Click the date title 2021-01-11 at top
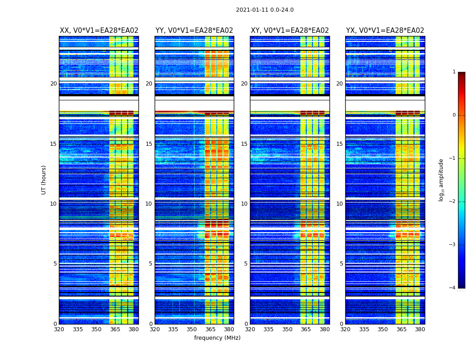(265, 10)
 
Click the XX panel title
(99, 31)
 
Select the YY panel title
(194, 31)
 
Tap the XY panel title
(290, 31)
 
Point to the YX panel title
(385, 31)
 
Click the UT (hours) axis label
(44, 180)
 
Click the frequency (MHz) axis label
(217, 338)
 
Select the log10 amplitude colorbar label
(441, 180)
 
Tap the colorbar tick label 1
(454, 72)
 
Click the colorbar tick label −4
(453, 288)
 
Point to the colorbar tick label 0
(454, 115)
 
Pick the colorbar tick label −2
(453, 202)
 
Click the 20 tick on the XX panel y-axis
(53, 84)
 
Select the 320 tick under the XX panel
(59, 329)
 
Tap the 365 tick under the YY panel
(210, 329)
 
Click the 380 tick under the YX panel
(420, 329)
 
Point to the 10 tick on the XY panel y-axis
(244, 204)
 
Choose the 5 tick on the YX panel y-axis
(341, 264)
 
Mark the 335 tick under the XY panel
(268, 329)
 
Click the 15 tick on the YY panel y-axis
(149, 144)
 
